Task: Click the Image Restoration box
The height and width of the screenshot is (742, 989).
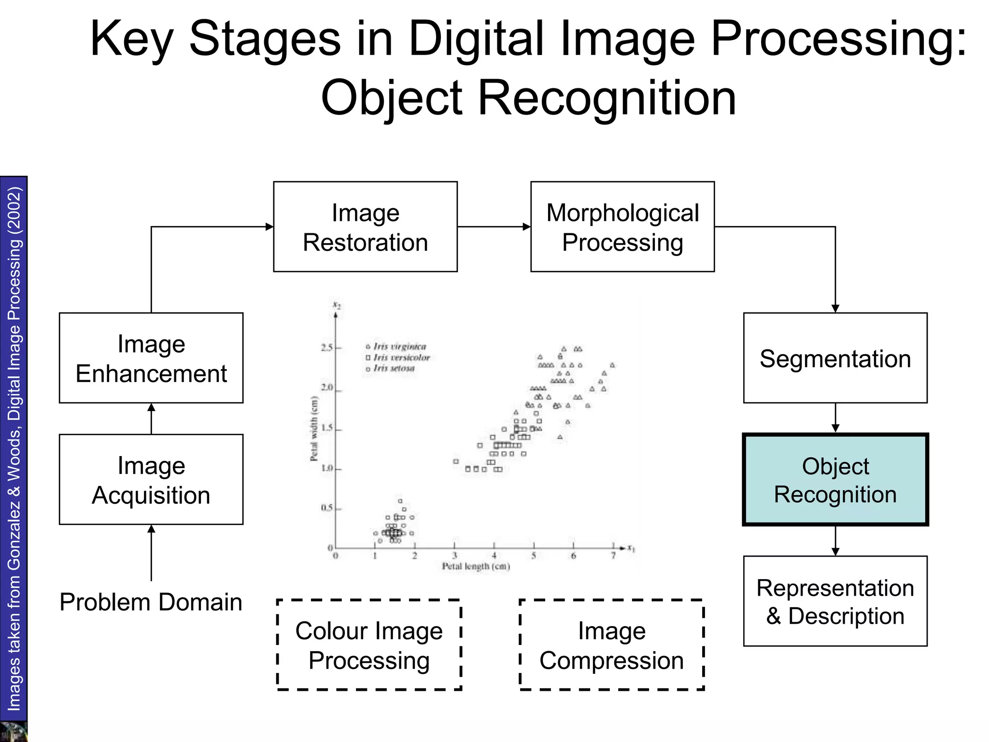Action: pos(365,227)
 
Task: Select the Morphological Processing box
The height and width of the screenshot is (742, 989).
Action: pos(622,227)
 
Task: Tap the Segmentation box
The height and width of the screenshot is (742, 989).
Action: pos(835,358)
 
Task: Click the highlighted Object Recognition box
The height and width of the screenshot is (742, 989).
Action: pos(835,480)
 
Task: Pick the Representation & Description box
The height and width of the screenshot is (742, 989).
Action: pos(835,601)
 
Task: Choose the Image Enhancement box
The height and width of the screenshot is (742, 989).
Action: pos(151,358)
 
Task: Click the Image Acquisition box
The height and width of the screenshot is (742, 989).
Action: pos(151,479)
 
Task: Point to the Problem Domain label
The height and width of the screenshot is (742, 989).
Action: pos(151,602)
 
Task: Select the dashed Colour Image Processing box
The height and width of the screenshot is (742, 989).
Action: pos(369,645)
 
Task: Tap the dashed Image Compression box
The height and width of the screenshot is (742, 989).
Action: pos(611,645)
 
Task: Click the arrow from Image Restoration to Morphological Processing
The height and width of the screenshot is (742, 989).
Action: pos(494,227)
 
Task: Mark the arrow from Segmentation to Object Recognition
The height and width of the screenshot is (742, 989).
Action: pos(835,418)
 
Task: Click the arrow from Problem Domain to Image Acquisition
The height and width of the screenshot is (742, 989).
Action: pos(151,553)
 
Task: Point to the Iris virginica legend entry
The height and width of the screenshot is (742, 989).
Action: pos(399,346)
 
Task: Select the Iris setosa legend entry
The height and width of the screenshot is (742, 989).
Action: pos(394,368)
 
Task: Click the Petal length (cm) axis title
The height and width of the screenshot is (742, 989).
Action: pos(476,566)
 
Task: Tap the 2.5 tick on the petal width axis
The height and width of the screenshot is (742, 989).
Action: pos(327,347)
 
